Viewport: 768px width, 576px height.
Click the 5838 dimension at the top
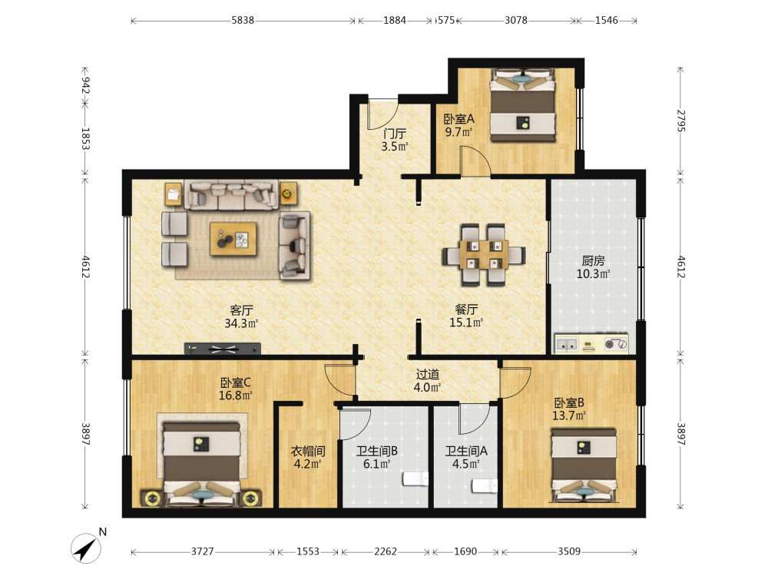pos(243,20)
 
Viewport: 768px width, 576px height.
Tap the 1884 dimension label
pos(395,20)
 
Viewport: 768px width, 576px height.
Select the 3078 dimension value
pos(516,20)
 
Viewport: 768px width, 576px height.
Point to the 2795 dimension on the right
pos(680,121)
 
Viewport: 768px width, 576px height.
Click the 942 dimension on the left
pos(85,85)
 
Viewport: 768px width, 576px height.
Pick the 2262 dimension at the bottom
pos(386,551)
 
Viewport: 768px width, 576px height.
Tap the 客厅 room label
pos(241,310)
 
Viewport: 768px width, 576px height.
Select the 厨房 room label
pos(593,260)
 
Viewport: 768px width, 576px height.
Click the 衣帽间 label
pos(308,451)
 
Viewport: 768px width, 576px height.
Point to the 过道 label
pos(428,374)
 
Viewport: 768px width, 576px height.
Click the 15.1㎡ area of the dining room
pos(466,323)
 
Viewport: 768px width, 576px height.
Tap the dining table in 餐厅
pos(484,255)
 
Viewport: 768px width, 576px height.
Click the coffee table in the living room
pos(233,239)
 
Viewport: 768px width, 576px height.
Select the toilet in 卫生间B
pos(415,479)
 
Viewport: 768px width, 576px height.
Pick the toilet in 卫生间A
pos(485,486)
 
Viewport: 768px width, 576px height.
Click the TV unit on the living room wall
pos(223,349)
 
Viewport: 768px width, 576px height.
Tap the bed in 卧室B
pos(584,465)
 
